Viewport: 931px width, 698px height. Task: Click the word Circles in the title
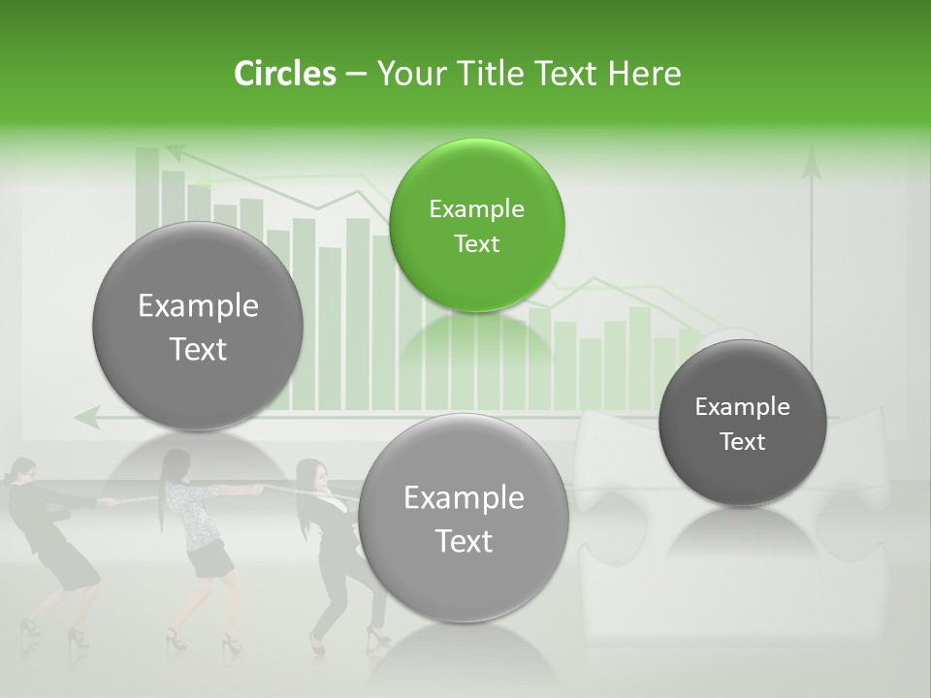285,74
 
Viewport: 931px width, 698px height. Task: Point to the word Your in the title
409,74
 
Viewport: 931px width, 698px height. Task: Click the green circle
476,225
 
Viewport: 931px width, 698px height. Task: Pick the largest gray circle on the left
198,326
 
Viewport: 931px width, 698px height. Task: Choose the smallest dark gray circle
742,423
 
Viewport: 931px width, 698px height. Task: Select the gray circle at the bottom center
464,518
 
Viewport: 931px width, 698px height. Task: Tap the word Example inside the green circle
476,208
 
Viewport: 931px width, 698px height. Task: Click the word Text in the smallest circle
742,441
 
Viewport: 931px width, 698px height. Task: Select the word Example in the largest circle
198,306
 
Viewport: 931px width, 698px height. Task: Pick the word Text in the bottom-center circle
464,540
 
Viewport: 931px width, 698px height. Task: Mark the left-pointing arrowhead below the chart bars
85,418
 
